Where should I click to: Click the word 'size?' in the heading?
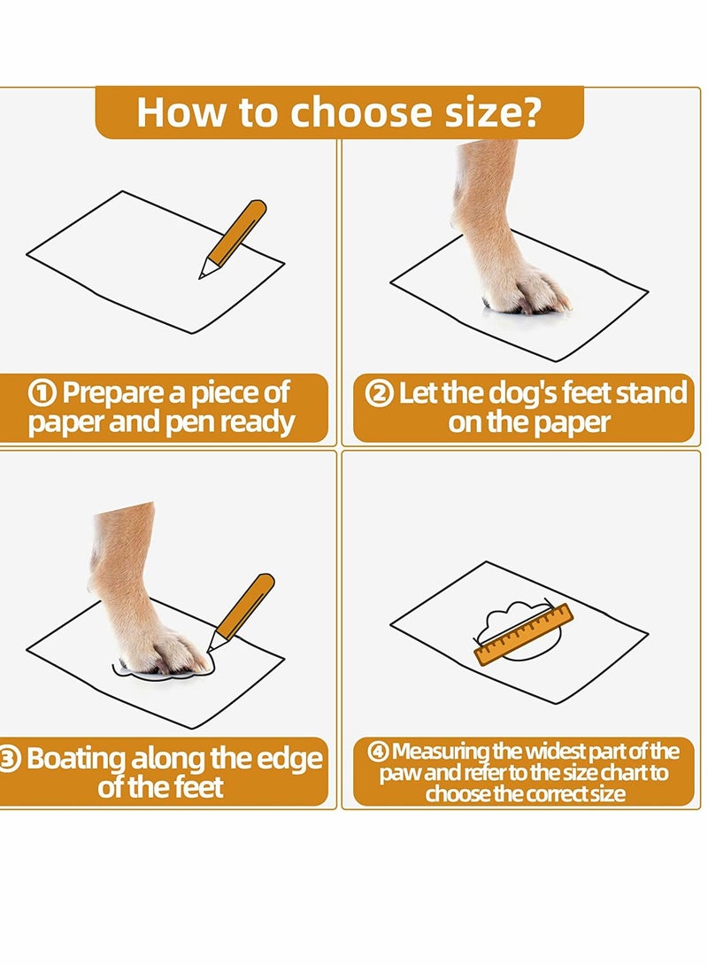pyautogui.click(x=493, y=112)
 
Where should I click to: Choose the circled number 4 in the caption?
pyautogui.click(x=378, y=752)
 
